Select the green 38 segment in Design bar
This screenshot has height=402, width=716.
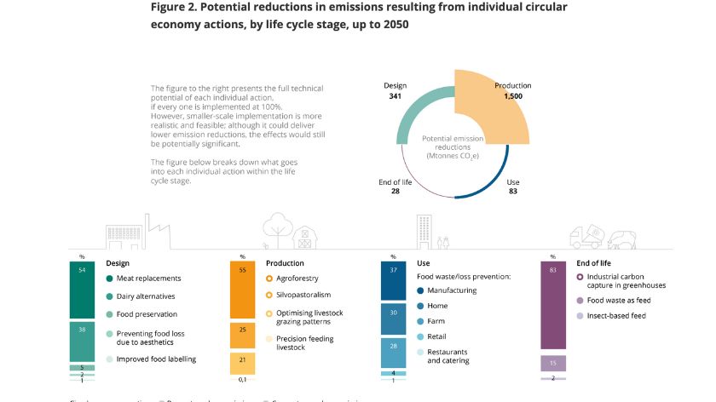(x=83, y=342)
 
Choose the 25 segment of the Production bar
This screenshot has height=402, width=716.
(x=242, y=335)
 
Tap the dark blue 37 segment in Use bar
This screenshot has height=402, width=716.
(x=393, y=281)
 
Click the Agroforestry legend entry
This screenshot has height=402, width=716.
(x=298, y=279)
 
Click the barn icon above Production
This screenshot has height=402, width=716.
(x=302, y=233)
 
